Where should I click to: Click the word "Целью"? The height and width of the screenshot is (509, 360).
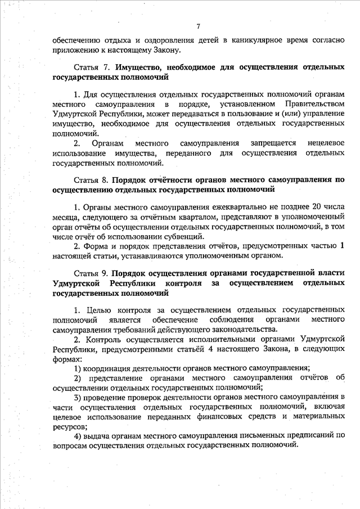98,310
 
